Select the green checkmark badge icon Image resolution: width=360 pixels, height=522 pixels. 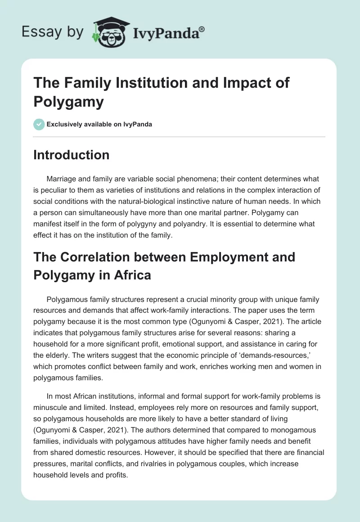38,124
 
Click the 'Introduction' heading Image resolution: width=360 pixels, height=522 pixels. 71,155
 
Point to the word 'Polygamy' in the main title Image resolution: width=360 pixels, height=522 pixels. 68,102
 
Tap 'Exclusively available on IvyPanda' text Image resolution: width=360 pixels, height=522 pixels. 99,124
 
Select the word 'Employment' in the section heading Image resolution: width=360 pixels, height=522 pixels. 240,257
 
